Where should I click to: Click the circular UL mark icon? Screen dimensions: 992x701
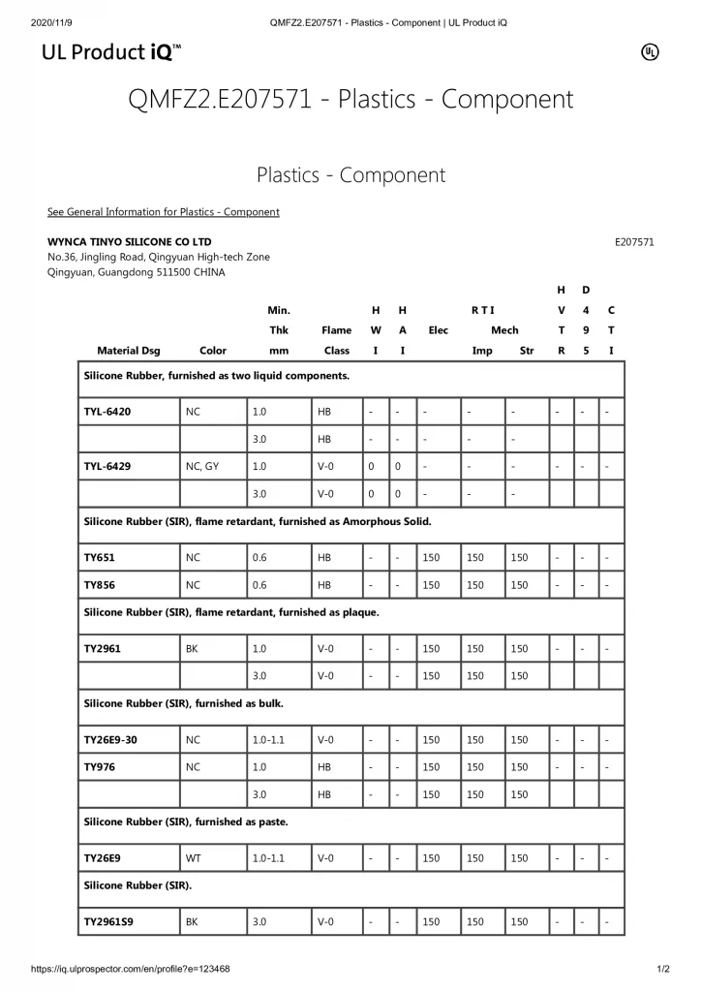(651, 52)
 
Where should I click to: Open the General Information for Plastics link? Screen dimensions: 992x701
(163, 212)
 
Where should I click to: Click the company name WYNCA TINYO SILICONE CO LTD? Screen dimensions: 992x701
(129, 241)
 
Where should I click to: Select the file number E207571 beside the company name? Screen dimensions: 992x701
(634, 242)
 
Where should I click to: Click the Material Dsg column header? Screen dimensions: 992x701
(129, 351)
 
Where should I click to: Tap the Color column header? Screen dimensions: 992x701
(212, 351)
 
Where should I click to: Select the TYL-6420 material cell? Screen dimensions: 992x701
(107, 412)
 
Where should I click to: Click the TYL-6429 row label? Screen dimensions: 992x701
(107, 466)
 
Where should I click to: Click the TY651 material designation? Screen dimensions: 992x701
(99, 558)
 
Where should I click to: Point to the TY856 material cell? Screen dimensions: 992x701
(100, 585)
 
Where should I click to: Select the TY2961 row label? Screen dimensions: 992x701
(102, 648)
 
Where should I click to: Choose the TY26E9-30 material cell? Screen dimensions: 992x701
(110, 740)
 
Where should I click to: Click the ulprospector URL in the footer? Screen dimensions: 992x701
(131, 969)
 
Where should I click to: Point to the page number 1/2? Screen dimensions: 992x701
(662, 969)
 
